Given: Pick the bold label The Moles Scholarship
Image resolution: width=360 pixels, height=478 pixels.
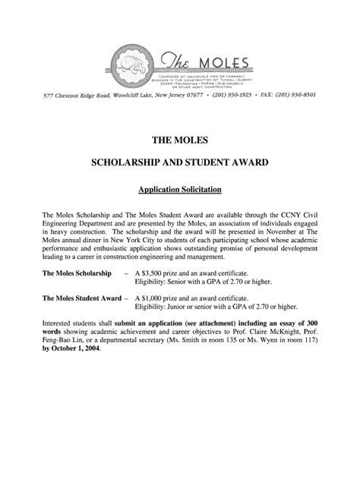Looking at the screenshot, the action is point(77,272).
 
